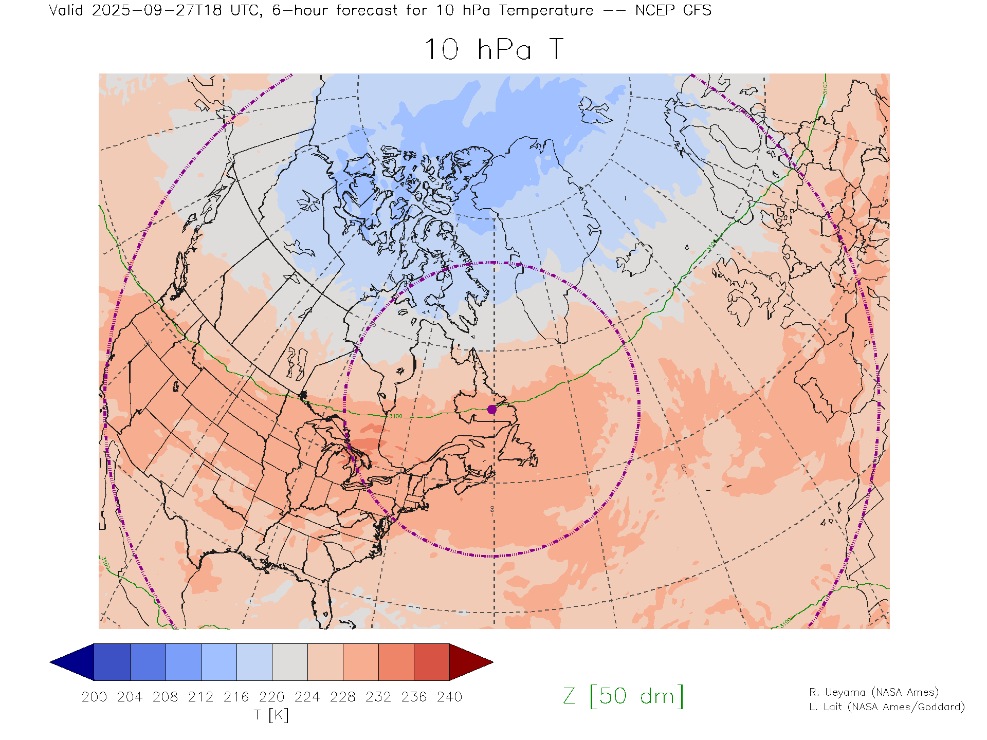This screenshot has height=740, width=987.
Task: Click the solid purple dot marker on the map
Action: tap(492, 410)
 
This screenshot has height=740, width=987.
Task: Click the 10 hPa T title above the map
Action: tap(494, 50)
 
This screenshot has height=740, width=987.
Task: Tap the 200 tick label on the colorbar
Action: tap(94, 697)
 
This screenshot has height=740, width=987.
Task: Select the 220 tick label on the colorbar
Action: tap(272, 697)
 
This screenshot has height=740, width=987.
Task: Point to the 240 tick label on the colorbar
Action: tap(450, 697)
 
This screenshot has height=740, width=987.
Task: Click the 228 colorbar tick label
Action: tap(343, 697)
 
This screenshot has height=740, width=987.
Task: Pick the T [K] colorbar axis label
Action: tap(271, 715)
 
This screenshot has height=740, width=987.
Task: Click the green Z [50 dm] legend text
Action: tap(624, 696)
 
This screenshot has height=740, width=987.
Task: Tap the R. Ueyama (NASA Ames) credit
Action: tap(874, 692)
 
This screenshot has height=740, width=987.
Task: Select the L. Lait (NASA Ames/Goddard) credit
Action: tap(887, 707)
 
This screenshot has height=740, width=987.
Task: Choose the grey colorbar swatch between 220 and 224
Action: tap(290, 662)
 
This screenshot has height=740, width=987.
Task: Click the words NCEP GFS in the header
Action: tap(673, 10)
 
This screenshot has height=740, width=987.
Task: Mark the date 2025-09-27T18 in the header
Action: tap(157, 10)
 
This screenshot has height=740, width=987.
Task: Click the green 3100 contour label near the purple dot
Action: tap(396, 416)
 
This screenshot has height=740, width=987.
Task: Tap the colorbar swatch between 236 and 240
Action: tap(432, 662)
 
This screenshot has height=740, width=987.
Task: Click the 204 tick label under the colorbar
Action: tap(130, 697)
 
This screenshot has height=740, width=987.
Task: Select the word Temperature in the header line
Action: tap(546, 10)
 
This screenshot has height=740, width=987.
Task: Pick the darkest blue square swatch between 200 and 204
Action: tap(112, 662)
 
